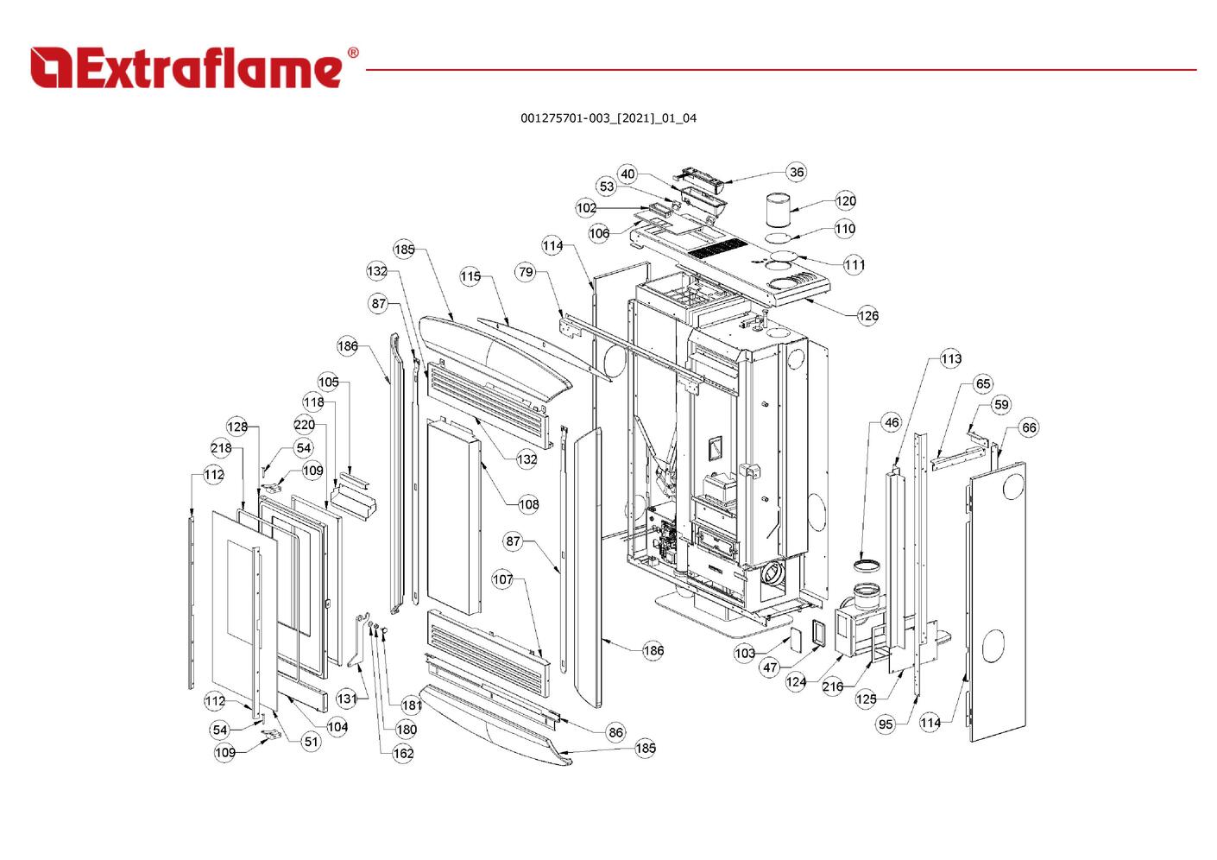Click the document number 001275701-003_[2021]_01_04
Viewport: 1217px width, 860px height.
click(608, 117)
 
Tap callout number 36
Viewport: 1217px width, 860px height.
click(796, 172)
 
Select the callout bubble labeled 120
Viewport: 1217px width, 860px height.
click(846, 201)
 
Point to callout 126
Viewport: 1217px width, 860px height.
click(867, 315)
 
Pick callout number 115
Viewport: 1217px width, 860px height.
click(470, 277)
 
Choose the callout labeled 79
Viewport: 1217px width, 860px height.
click(527, 272)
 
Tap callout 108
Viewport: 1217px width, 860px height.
click(528, 503)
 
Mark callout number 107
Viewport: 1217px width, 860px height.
click(503, 579)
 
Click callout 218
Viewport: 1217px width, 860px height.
click(221, 448)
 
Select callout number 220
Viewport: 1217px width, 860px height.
click(305, 425)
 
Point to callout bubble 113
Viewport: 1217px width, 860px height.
click(950, 358)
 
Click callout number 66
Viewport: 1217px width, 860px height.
click(1029, 427)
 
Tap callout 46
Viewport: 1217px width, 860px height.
click(892, 422)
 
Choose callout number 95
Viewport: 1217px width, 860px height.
click(886, 724)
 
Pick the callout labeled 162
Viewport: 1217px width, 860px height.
click(403, 753)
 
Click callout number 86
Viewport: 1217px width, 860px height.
click(615, 732)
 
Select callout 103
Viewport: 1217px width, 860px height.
click(745, 654)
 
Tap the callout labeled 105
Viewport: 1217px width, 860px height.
click(329, 383)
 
